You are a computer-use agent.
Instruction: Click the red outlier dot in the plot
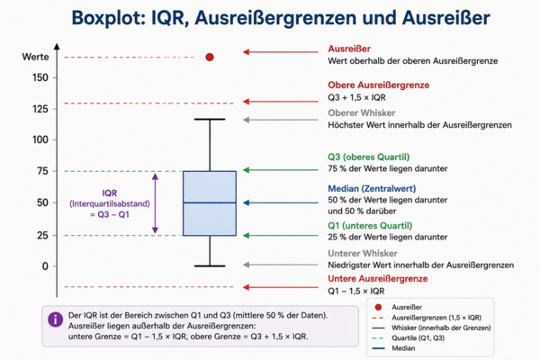tap(210, 58)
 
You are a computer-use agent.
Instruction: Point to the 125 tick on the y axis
tap(40, 109)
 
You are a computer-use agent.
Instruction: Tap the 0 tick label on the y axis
tap(45, 266)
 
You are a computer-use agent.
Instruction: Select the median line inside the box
tap(210, 202)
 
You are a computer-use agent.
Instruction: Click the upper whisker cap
tap(210, 119)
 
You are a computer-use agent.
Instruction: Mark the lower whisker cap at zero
tap(210, 266)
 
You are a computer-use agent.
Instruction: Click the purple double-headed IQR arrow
tap(155, 203)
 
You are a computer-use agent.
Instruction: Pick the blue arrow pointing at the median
tap(281, 202)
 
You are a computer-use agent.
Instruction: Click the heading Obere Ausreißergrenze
tap(379, 85)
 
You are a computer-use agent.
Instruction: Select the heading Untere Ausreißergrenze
tap(377, 279)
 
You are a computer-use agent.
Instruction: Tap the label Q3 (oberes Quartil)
tap(368, 157)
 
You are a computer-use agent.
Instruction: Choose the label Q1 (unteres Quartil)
tap(370, 226)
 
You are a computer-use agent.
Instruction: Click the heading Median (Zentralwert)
tap(372, 188)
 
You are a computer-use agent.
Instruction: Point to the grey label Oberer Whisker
tap(361, 113)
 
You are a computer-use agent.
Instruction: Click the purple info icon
tap(56, 319)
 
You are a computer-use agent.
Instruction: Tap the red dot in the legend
tap(378, 307)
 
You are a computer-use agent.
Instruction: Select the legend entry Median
tap(403, 348)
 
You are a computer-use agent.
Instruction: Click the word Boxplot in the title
tap(108, 18)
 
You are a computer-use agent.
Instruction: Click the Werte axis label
tap(35, 57)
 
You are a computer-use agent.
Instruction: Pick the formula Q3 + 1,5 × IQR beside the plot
tap(356, 97)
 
